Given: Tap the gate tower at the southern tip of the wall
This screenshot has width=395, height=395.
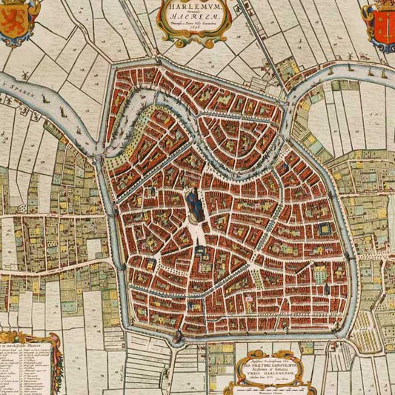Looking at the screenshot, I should [178, 336].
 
